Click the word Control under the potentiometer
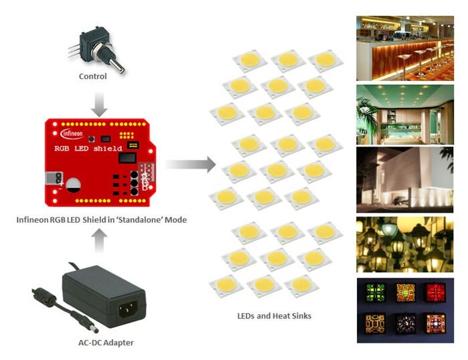92,76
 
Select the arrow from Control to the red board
99,102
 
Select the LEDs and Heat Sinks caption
274,315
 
